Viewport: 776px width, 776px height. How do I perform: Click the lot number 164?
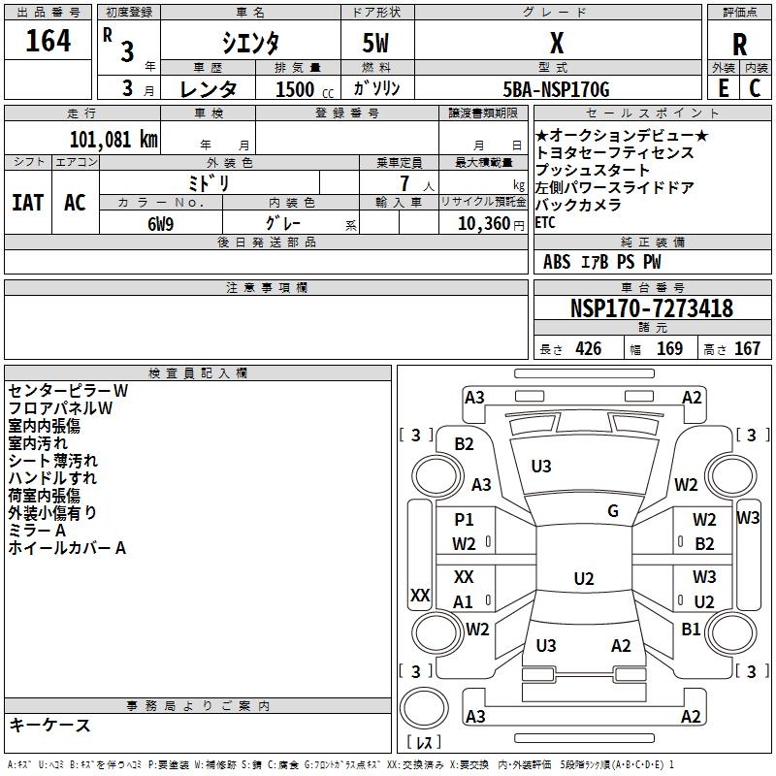click(x=48, y=41)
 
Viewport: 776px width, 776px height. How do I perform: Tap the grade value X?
click(x=557, y=44)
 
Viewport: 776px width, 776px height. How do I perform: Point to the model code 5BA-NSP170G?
click(x=557, y=90)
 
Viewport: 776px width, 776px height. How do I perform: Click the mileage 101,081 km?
click(x=113, y=139)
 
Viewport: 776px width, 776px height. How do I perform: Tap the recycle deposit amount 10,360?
click(x=479, y=223)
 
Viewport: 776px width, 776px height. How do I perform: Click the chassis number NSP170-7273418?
click(x=651, y=308)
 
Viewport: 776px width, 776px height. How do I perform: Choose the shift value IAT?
click(x=28, y=203)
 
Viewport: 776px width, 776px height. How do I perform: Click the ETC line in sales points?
click(x=546, y=222)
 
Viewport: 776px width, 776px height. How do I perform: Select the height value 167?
click(x=747, y=349)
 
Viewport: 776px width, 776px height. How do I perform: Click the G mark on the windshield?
click(x=613, y=511)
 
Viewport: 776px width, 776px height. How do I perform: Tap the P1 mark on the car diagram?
click(x=464, y=520)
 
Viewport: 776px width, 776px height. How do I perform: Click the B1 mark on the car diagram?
click(x=691, y=629)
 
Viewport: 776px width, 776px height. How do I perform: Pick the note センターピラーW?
click(x=68, y=390)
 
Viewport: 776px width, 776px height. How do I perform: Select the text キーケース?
click(x=49, y=725)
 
